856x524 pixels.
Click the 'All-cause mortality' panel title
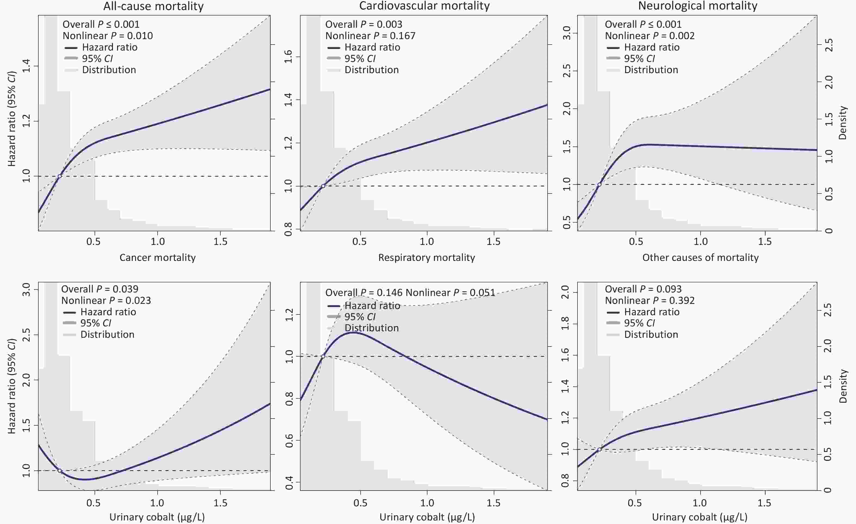point(153,6)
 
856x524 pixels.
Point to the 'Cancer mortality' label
point(157,257)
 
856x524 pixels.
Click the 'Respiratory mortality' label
point(426,257)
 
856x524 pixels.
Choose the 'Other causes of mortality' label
point(700,257)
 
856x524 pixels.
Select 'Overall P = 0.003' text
point(363,24)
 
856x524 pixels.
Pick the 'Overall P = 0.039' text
point(100,289)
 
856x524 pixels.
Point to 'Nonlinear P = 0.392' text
point(650,301)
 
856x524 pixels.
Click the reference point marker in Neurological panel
point(599,185)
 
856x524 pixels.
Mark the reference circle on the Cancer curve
point(60,471)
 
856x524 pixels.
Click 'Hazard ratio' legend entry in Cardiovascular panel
point(372,47)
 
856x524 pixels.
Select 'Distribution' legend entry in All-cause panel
point(109,70)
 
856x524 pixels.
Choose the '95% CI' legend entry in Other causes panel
point(639,323)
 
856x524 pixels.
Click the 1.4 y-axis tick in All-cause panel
point(26,66)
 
